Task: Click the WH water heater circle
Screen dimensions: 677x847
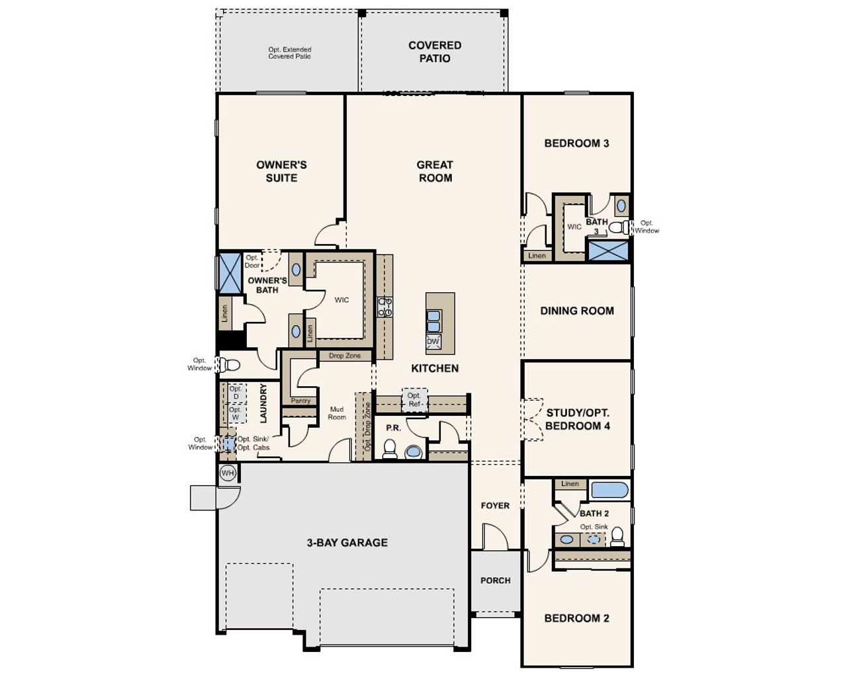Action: (228, 473)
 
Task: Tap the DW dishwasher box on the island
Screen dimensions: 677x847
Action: (433, 342)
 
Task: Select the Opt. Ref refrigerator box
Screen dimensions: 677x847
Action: (414, 400)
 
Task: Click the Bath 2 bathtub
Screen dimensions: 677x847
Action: (609, 490)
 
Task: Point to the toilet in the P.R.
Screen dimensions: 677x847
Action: (390, 449)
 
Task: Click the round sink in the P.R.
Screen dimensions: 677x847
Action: (414, 452)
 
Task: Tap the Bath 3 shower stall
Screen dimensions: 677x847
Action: (609, 251)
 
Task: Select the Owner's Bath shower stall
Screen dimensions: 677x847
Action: (230, 272)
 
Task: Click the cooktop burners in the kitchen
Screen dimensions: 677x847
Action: (384, 307)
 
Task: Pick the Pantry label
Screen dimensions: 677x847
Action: (300, 401)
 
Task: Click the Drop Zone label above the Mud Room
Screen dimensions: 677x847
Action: (345, 356)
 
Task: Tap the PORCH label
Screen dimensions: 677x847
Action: (495, 580)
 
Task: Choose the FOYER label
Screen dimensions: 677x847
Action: (495, 506)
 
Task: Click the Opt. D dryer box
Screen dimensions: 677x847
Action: (236, 393)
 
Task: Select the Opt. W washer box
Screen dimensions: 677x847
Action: (235, 413)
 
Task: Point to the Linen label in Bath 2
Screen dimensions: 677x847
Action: (570, 484)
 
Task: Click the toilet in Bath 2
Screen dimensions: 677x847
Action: (617, 536)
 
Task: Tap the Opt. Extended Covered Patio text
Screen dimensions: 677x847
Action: (290, 53)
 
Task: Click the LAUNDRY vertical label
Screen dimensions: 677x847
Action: (263, 403)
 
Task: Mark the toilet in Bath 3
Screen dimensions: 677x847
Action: (619, 227)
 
